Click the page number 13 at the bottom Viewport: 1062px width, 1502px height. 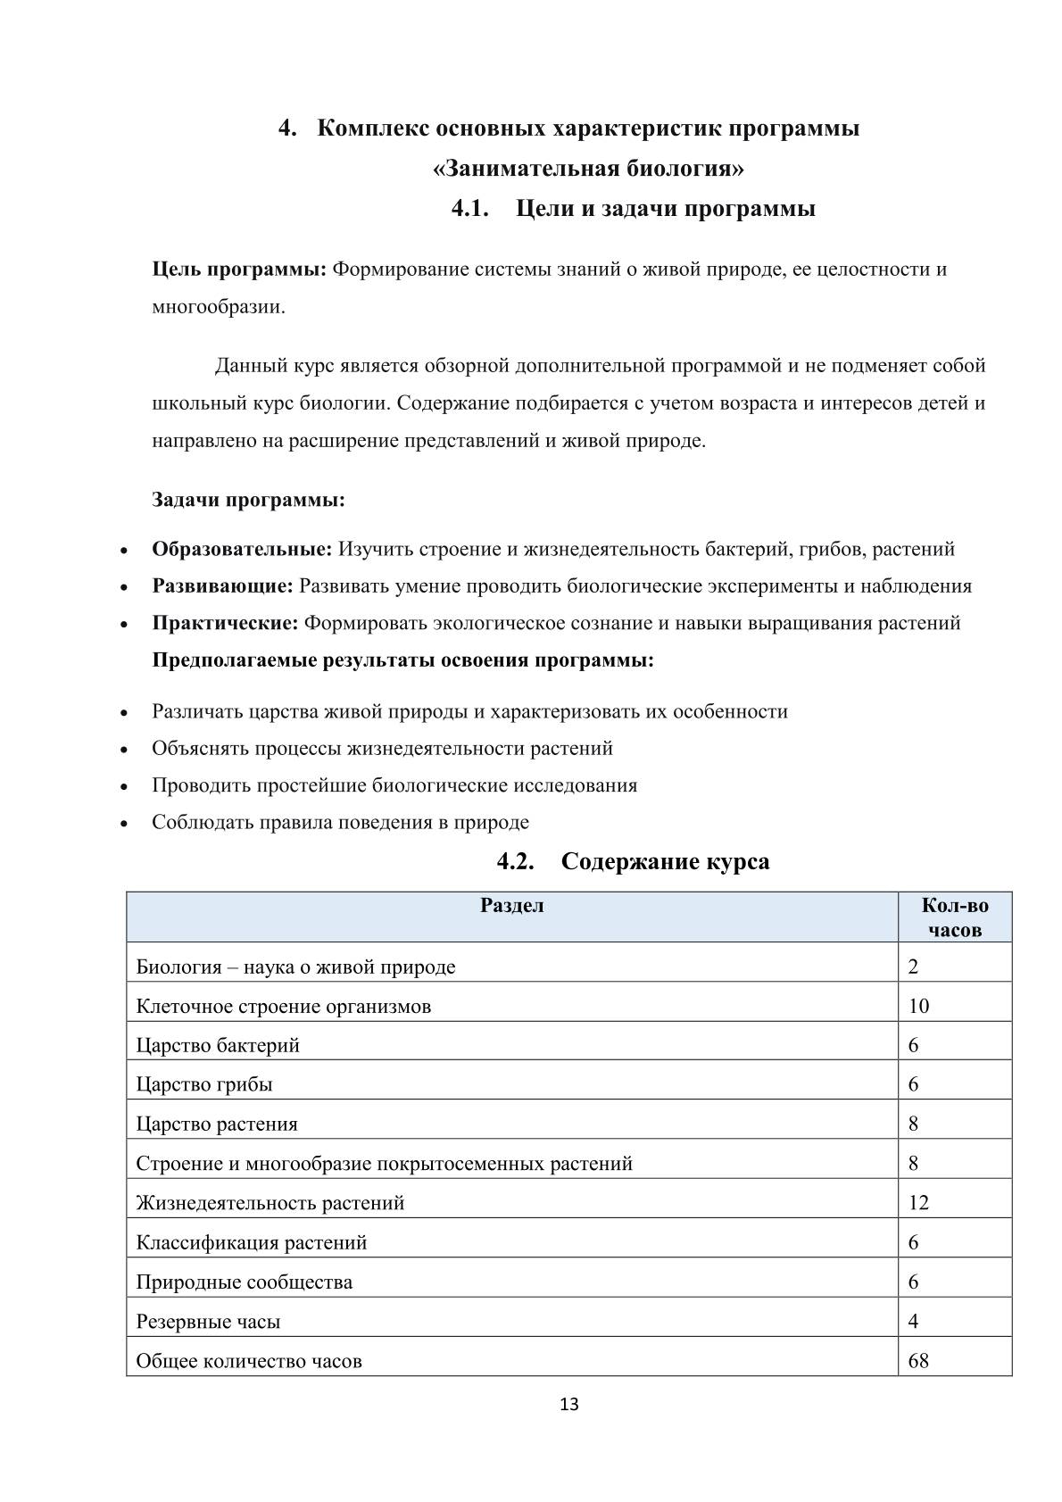568,1405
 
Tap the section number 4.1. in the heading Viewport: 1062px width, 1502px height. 471,210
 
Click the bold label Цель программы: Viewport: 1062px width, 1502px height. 239,270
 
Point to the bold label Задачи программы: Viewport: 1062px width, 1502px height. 248,500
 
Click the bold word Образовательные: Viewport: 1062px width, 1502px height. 242,549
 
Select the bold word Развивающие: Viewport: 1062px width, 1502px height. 222,586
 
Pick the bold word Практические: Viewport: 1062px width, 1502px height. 225,623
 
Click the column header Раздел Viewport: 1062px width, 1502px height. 511,906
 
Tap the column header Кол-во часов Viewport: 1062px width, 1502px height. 954,917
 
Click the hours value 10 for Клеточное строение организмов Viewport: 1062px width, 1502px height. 918,1007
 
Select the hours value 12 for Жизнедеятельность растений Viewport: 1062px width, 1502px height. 918,1203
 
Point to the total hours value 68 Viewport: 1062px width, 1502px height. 918,1361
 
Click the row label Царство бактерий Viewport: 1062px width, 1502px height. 218,1046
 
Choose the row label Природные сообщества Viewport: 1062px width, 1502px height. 244,1282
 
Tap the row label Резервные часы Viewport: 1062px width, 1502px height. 208,1322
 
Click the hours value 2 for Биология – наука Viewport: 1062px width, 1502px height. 913,967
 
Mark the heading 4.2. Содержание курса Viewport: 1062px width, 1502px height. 633,862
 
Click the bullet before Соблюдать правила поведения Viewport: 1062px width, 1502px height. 124,824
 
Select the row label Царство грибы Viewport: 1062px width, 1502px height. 204,1085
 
